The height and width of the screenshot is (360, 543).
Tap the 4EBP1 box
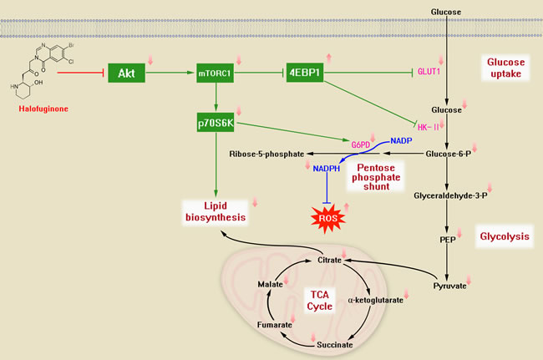coord(308,73)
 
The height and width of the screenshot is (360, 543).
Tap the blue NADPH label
coord(325,169)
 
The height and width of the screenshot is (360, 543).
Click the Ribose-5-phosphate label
coord(264,154)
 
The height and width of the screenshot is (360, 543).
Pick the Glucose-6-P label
coord(449,154)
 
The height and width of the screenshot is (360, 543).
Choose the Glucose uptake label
coord(504,68)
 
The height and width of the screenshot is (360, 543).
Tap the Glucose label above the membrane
coord(447,11)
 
